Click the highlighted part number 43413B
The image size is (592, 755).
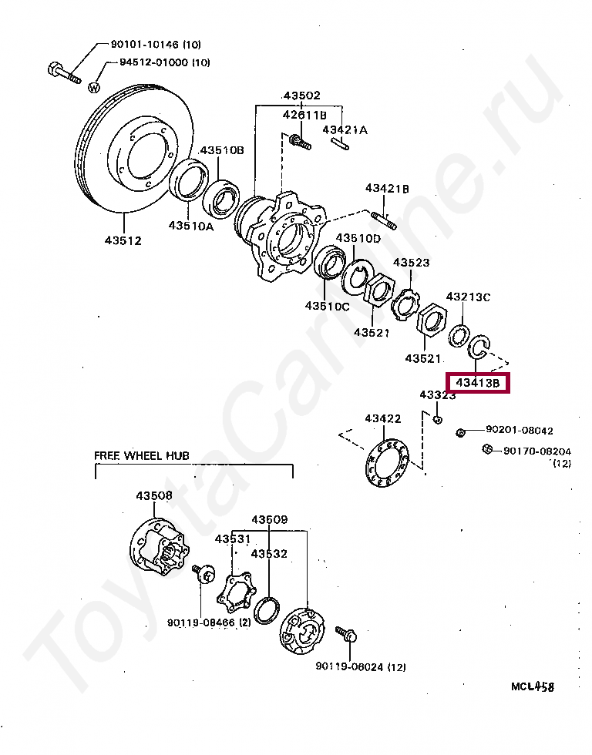click(x=478, y=382)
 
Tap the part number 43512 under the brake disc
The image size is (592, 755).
click(x=123, y=240)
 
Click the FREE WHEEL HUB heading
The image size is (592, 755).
click(x=142, y=455)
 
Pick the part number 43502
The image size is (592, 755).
click(x=301, y=96)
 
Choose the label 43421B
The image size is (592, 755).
click(x=387, y=188)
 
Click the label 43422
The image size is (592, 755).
click(x=383, y=418)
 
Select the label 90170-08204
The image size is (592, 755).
click(x=537, y=451)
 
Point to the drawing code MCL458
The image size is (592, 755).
click(x=533, y=686)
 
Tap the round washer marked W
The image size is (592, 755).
click(x=94, y=87)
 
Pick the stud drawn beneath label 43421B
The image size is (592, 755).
click(x=384, y=219)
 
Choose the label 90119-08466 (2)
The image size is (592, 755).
click(x=208, y=622)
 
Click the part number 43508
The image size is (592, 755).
click(x=155, y=495)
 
